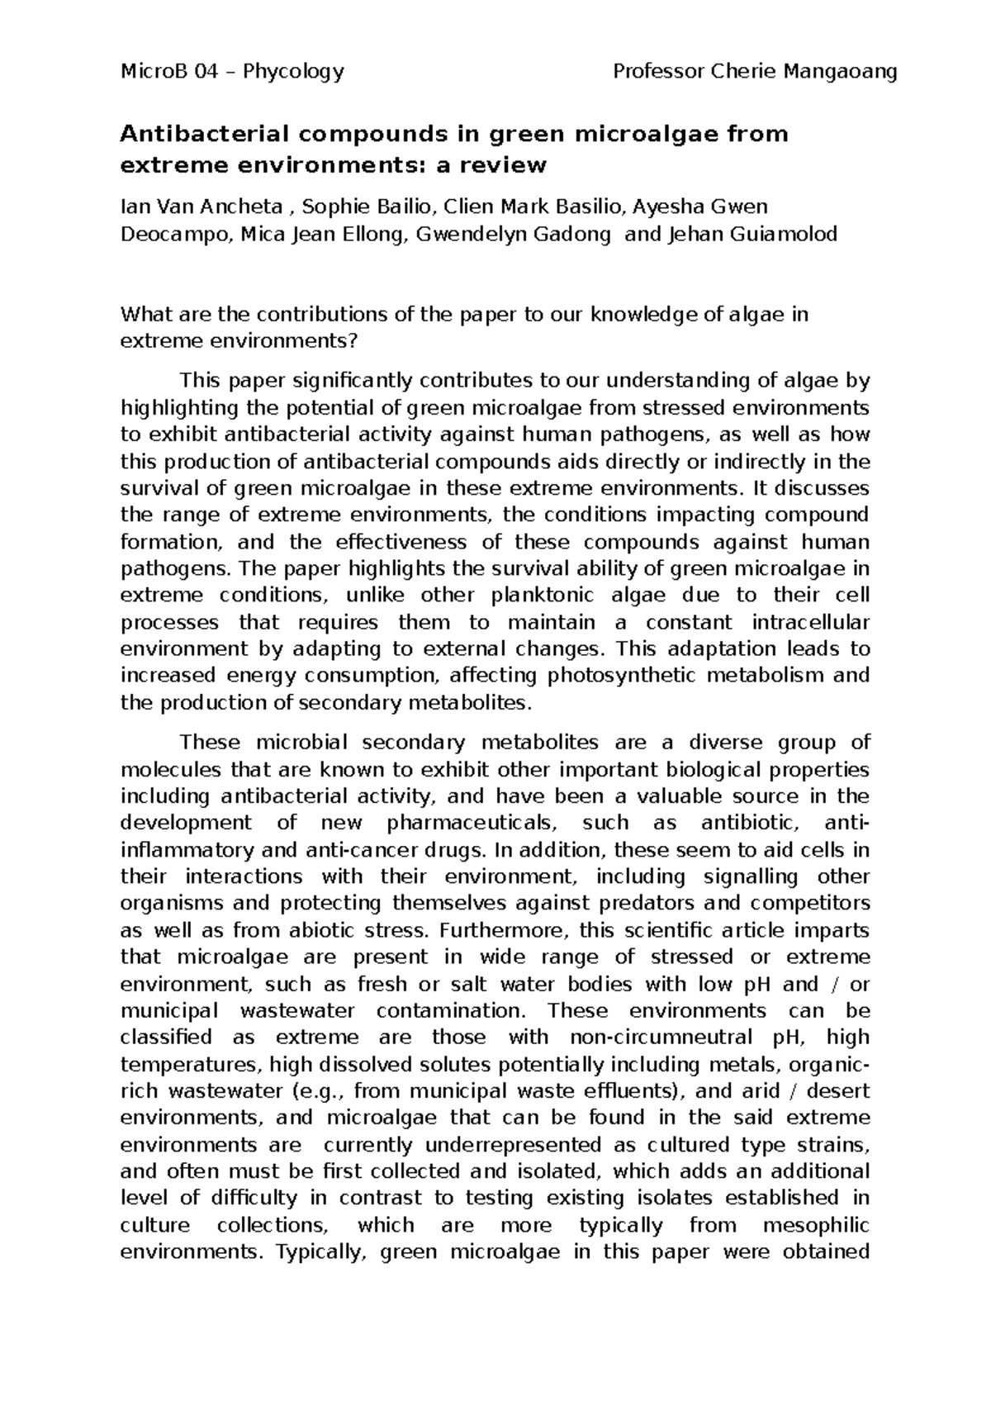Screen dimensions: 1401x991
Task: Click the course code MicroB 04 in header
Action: [168, 73]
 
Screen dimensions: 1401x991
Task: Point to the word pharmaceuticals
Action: [472, 824]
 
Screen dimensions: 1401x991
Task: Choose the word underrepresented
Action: [510, 1146]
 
